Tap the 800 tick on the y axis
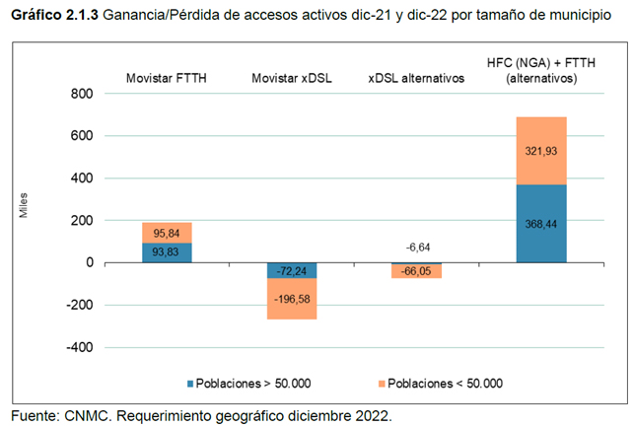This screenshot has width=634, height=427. tap(81, 94)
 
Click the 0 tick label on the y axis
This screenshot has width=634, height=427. tap(89, 262)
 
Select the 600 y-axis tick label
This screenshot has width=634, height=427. tap(81, 136)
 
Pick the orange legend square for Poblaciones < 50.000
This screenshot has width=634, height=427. tap(376, 384)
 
